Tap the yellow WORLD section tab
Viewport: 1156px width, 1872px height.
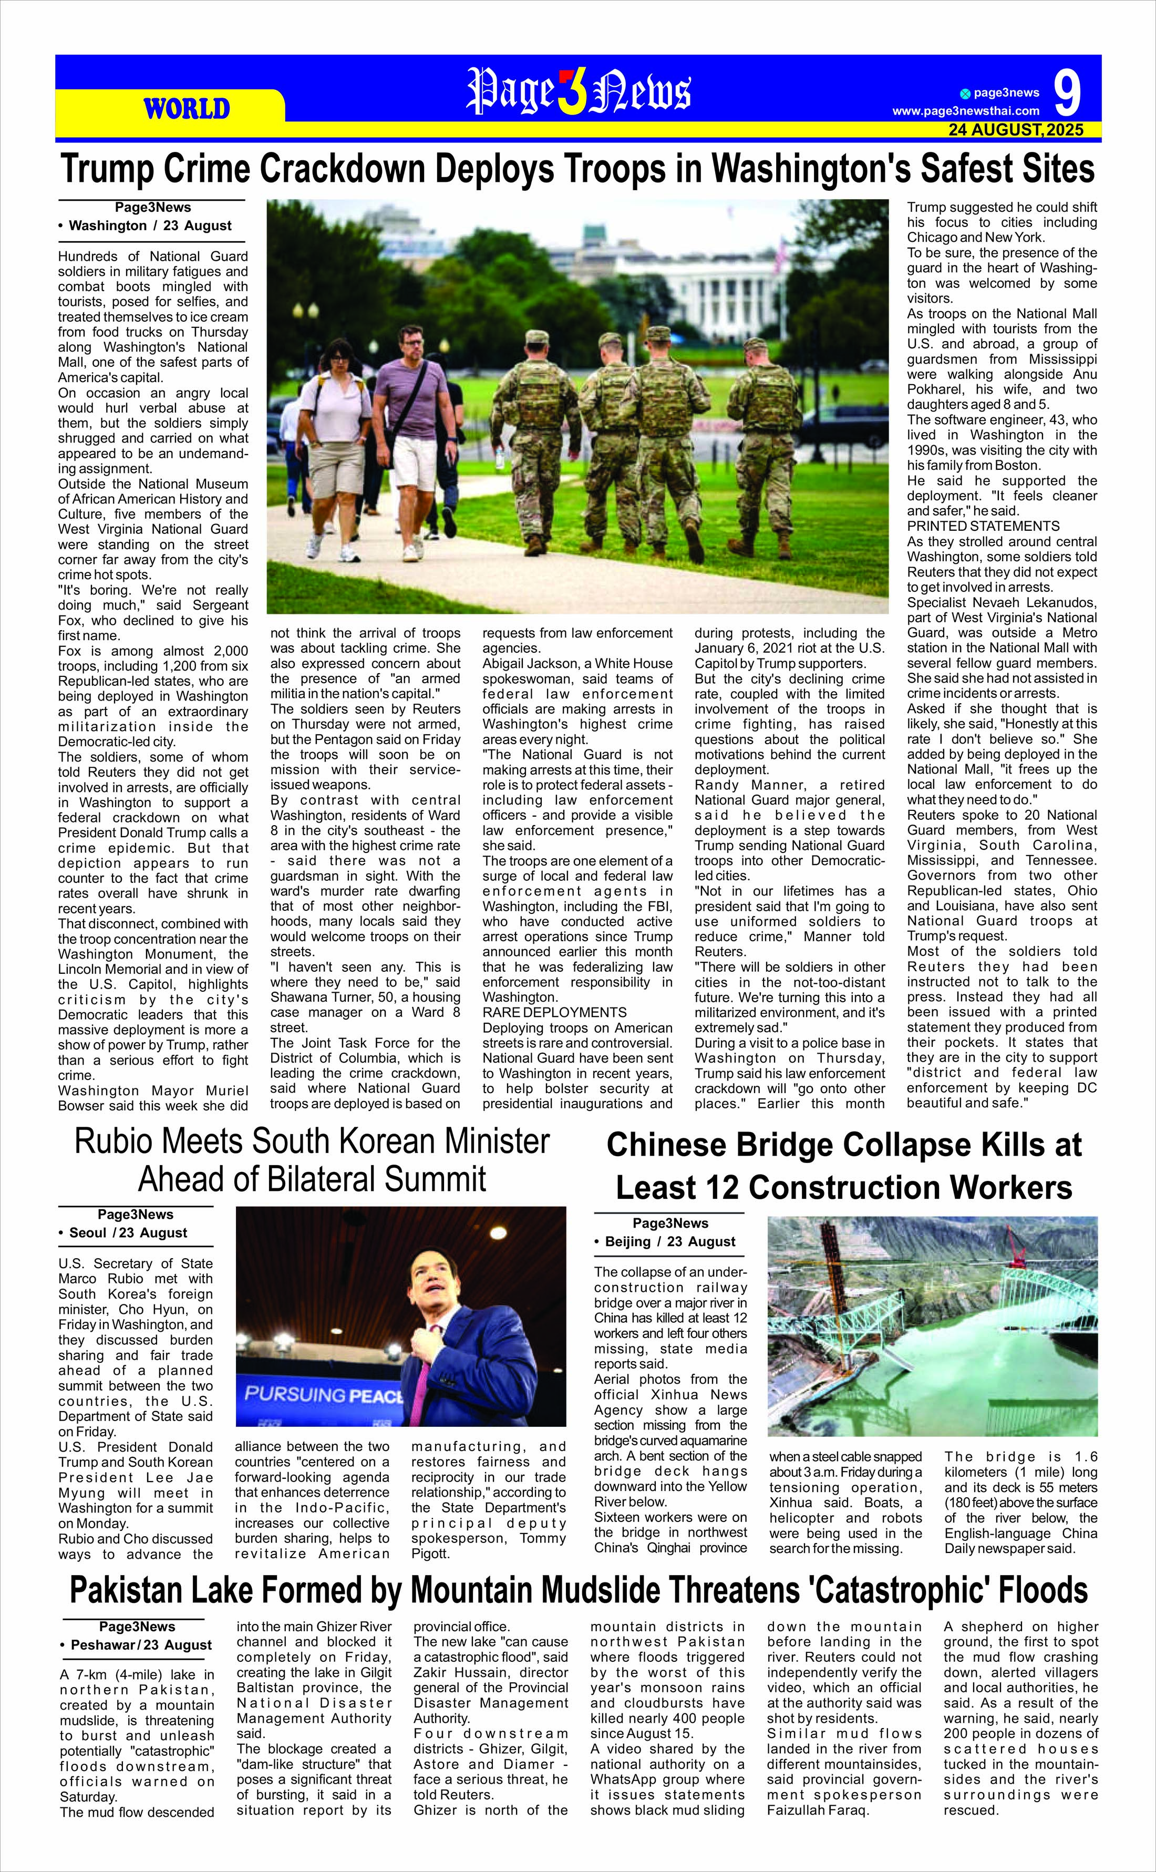(x=187, y=109)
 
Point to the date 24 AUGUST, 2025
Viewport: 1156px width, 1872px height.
(x=1015, y=131)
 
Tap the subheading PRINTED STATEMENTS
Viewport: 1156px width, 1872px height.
(x=983, y=526)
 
